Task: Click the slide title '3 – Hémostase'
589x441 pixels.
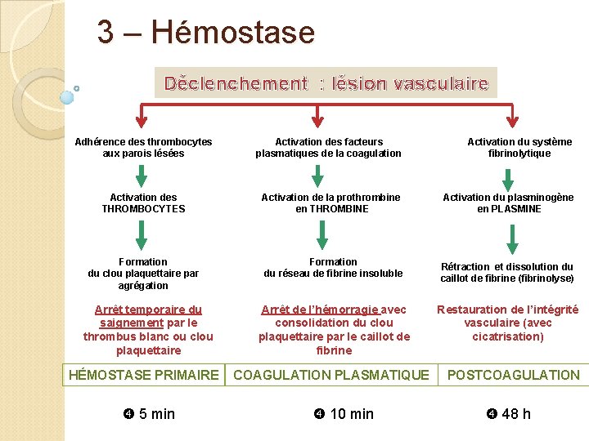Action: tap(205, 33)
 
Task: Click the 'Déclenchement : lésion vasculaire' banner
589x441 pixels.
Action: tap(326, 83)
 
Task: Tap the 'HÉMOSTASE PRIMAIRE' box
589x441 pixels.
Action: tap(144, 375)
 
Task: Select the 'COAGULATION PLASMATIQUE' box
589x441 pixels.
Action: tap(330, 375)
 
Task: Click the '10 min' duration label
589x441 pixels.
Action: tap(344, 414)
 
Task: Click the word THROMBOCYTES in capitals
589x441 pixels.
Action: tap(143, 209)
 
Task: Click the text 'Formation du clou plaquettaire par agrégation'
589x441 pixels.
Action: tap(143, 274)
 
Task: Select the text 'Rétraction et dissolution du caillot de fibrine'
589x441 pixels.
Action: tap(507, 273)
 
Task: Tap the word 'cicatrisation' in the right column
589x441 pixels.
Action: tap(508, 336)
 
